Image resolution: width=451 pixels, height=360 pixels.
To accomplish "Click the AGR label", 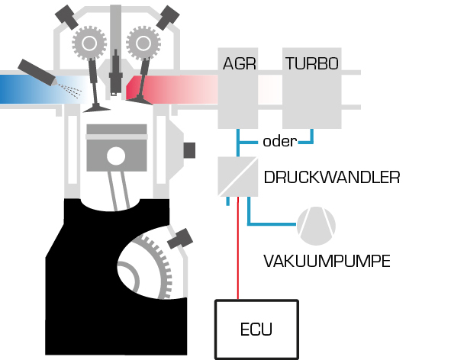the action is pos(240,63).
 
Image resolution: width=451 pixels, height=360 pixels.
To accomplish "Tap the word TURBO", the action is pos(312,63).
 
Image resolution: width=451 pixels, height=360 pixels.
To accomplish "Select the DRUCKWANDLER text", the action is pos(332,177).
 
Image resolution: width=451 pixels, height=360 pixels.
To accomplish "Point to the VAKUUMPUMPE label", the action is pos(327,261).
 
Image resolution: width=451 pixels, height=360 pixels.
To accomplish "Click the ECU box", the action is pos(256,329).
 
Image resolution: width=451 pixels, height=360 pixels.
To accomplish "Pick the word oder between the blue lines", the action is pos(279,141).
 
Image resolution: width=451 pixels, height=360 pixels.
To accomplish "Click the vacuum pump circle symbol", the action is pos(316,226).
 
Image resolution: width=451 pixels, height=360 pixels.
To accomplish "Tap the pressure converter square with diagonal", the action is pos(238,176).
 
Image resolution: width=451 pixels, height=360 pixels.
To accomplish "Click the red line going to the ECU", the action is pos(238,248).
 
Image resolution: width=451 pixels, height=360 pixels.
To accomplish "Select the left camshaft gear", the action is pos(89,43).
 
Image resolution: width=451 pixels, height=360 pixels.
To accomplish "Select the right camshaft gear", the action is pos(143,43).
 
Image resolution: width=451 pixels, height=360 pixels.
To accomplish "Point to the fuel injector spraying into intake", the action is pos(37,72).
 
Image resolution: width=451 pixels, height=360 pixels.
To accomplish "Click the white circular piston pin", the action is pos(116,156).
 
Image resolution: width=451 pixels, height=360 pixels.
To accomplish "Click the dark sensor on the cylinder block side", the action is pos(189,150).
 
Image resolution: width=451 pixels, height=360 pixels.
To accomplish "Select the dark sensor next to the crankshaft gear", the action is pos(180,239).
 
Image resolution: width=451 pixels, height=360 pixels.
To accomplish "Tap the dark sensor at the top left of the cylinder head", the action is pos(66,17).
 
